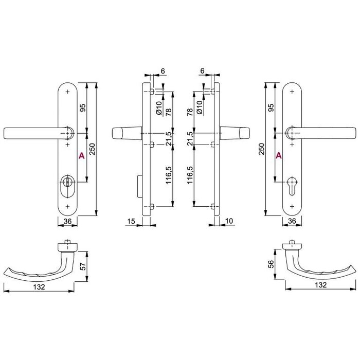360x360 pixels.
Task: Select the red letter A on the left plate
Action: (x=81, y=155)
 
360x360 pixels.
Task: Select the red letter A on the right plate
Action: (x=278, y=155)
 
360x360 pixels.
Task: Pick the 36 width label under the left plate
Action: (x=67, y=221)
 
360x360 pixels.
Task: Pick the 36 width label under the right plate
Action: (x=293, y=221)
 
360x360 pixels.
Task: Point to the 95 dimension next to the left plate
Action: (x=83, y=108)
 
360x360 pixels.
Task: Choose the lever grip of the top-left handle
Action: (x=31, y=133)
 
